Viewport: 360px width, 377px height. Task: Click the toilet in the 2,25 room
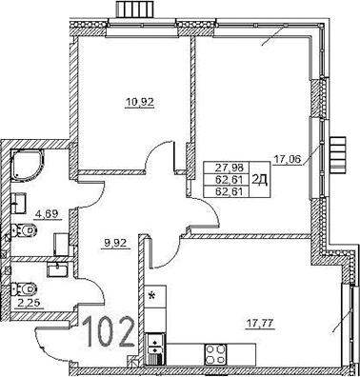[21, 287]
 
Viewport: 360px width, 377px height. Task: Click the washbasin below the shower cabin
[21, 201]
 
